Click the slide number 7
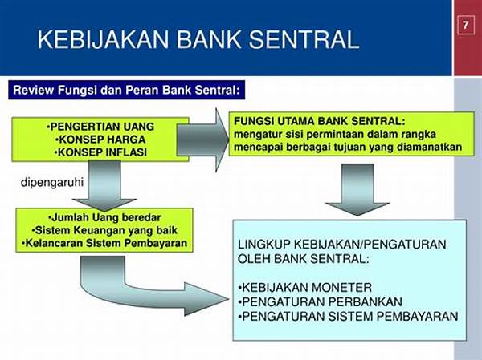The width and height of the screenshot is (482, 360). [x=465, y=25]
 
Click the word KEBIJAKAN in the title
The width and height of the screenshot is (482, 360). [x=104, y=39]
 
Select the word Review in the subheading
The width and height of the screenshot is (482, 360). [x=34, y=91]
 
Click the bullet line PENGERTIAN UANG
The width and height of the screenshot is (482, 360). [x=100, y=127]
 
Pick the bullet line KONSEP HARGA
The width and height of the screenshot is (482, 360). [x=100, y=140]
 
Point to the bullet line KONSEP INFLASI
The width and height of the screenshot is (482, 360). [x=100, y=152]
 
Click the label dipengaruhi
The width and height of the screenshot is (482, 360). [x=52, y=182]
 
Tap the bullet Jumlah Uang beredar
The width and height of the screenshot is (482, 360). [x=104, y=217]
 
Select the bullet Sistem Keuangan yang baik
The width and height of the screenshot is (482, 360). [x=104, y=230]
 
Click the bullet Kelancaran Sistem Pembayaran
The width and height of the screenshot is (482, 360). [x=104, y=243]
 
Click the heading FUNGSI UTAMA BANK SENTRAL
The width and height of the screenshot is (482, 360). [x=320, y=121]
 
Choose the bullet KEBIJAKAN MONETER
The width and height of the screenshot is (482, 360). [x=305, y=288]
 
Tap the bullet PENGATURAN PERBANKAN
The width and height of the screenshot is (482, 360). [x=320, y=301]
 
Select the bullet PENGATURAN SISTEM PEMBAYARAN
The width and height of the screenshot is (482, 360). [x=348, y=316]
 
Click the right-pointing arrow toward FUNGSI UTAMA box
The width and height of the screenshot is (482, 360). [x=203, y=140]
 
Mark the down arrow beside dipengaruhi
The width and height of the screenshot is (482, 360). [x=104, y=186]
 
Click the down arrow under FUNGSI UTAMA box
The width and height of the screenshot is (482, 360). [x=357, y=190]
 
